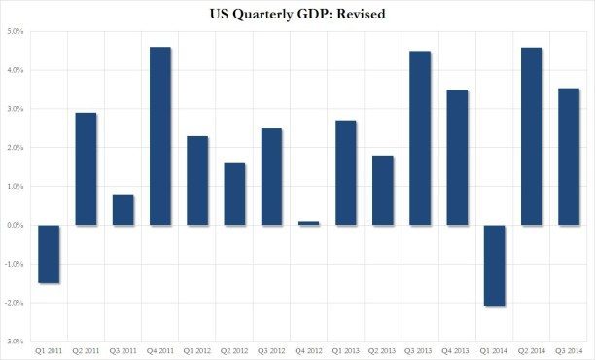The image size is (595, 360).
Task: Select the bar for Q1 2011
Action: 50,254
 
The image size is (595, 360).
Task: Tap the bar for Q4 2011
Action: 160,136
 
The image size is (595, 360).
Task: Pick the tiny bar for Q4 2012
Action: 309,223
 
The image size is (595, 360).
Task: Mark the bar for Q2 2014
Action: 532,136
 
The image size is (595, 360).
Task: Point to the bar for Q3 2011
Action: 123,210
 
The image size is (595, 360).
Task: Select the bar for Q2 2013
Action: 383,191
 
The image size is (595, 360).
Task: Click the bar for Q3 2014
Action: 569,157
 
